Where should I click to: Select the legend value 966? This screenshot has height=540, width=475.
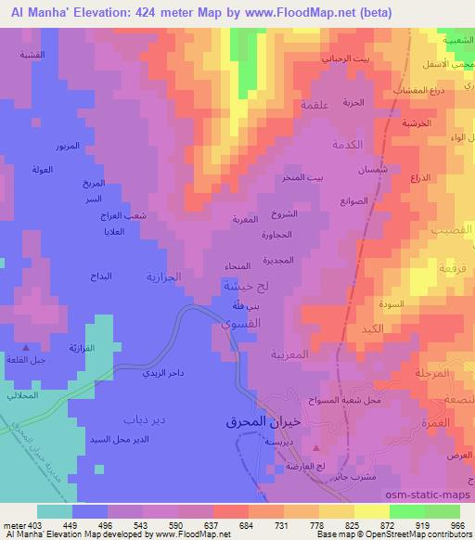[x=457, y=524]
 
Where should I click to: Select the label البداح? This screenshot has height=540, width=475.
[x=99, y=276]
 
